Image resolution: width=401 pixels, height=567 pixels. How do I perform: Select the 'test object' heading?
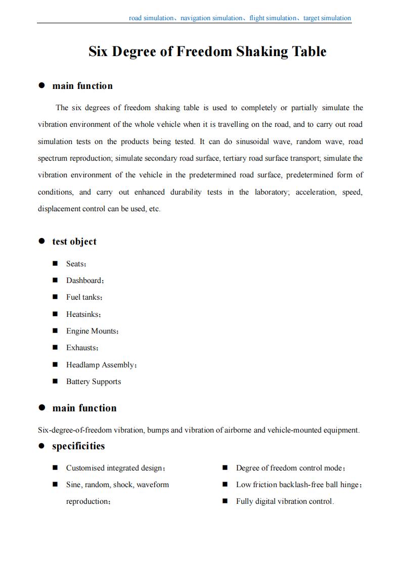pos(74,242)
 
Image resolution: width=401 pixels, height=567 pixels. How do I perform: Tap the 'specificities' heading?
pos(78,446)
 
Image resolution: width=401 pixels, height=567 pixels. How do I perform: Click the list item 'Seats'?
pos(75,264)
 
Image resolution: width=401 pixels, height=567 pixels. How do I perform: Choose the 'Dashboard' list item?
pos(84,280)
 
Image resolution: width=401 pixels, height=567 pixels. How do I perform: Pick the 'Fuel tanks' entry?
pos(83,297)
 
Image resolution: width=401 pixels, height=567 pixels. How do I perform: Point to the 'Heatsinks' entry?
pos(83,314)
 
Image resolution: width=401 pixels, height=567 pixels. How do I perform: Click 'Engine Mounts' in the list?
pos(92,331)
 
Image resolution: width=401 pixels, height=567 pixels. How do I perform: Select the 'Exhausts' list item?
pos(81,348)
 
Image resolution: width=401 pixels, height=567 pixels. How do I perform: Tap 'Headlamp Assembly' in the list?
pos(101,365)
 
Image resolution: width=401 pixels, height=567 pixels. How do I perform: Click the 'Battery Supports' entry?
pos(94,382)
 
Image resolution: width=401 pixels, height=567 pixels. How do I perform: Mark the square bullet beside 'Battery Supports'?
pos(55,382)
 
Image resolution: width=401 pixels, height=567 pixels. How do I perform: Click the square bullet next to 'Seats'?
pos(55,264)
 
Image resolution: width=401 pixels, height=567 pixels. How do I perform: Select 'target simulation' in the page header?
pos(327,18)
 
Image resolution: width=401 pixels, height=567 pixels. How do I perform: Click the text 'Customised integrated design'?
pos(114,468)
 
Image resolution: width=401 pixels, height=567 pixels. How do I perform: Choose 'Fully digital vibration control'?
pos(284,501)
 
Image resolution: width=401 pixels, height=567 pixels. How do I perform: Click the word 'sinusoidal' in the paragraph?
pos(256,141)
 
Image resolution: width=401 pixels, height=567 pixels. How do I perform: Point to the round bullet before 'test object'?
pos(42,242)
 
